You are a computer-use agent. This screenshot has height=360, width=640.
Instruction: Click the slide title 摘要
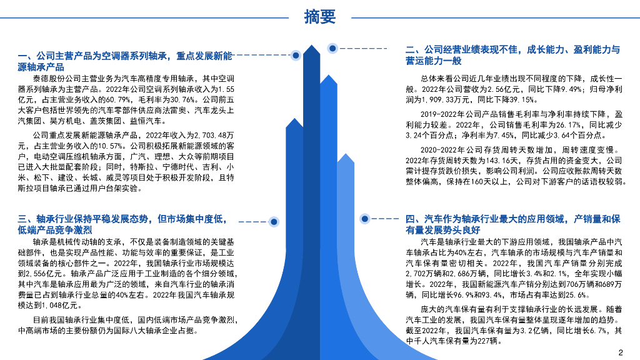[x=320, y=17]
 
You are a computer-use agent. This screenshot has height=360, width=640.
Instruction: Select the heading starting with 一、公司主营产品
[x=125, y=61]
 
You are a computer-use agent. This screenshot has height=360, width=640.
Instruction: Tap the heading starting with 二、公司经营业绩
[x=512, y=55]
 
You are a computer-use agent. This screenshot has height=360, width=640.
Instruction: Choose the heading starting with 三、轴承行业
[x=122, y=224]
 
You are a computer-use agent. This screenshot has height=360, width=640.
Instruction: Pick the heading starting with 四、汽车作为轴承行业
[x=512, y=224]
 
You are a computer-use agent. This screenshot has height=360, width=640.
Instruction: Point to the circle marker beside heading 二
[x=332, y=48]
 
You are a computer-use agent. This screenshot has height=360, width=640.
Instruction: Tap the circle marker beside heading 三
[x=273, y=221]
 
